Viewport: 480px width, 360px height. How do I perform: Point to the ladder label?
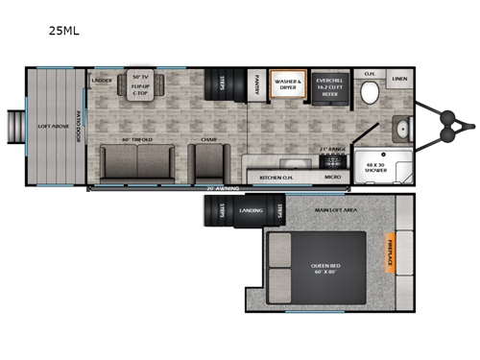pyautogui.click(x=103, y=81)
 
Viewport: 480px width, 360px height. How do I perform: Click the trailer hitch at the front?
pyautogui.click(x=451, y=123)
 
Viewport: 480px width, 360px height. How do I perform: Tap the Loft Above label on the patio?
pyautogui.click(x=50, y=127)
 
